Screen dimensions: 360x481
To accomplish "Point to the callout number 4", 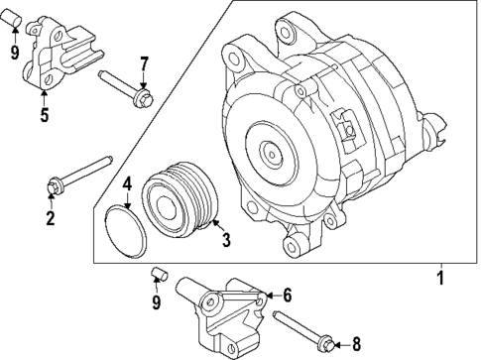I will point(127,183).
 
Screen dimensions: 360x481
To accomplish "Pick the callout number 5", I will point(45,115).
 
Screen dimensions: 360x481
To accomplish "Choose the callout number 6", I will point(286,295).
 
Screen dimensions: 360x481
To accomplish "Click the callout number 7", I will point(144,65).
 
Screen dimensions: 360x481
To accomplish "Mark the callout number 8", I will point(355,344).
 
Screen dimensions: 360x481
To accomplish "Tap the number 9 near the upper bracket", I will point(14,52).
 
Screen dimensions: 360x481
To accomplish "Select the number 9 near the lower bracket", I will point(157,302).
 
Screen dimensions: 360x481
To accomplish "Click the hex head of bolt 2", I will point(53,184).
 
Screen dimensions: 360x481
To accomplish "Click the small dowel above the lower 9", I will point(158,274).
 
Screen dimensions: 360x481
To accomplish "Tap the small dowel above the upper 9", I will point(13,20).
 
